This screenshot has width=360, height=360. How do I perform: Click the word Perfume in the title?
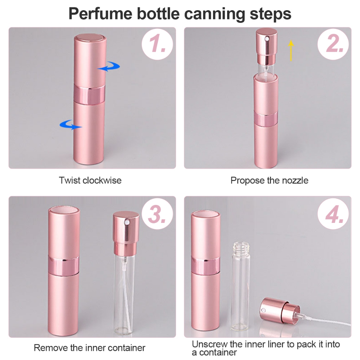pos(101,14)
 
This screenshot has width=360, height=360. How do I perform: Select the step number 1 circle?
pos(157,44)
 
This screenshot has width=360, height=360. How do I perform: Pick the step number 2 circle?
pos(333,44)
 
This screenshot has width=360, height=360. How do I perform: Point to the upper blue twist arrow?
pos(109,66)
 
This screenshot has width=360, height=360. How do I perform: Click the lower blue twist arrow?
pos(70,124)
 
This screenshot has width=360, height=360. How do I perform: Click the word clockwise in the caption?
pos(102,180)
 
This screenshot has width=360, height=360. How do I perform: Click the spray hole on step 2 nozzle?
pos(266,39)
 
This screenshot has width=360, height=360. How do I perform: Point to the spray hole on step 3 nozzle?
pos(126,222)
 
